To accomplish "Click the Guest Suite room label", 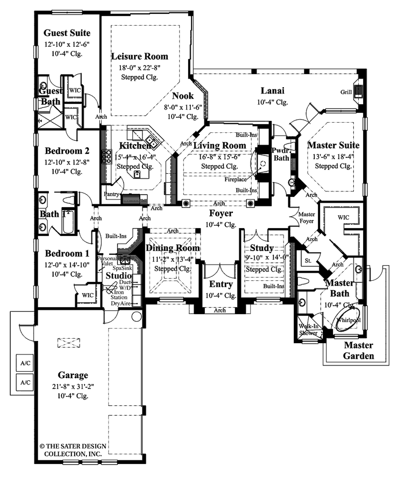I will click(x=67, y=33).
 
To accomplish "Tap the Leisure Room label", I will click(x=139, y=56).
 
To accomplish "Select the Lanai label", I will click(x=273, y=91).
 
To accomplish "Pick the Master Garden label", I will click(x=359, y=350).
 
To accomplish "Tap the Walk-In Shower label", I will click(x=308, y=329).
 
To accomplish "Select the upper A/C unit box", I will click(x=25, y=363).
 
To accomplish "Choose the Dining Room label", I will click(x=173, y=248).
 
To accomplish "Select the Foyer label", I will click(x=221, y=213).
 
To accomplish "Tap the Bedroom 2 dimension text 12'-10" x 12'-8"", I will click(x=67, y=162).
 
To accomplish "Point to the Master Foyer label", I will click(x=307, y=218).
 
